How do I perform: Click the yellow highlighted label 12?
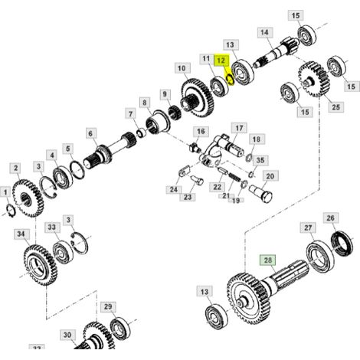[221, 61]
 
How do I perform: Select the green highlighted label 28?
[267, 260]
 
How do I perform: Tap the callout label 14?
[265, 32]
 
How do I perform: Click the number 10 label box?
[182, 68]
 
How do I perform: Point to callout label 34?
[21, 234]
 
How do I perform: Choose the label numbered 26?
[330, 218]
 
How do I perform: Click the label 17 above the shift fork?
[239, 128]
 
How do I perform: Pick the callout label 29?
[108, 306]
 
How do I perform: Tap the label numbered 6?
[91, 133]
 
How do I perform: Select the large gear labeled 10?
[198, 98]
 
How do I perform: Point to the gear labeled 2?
[28, 198]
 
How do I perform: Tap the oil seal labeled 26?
[342, 244]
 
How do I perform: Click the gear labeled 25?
[314, 79]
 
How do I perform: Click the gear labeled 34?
[41, 265]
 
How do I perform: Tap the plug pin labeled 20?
[261, 193]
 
